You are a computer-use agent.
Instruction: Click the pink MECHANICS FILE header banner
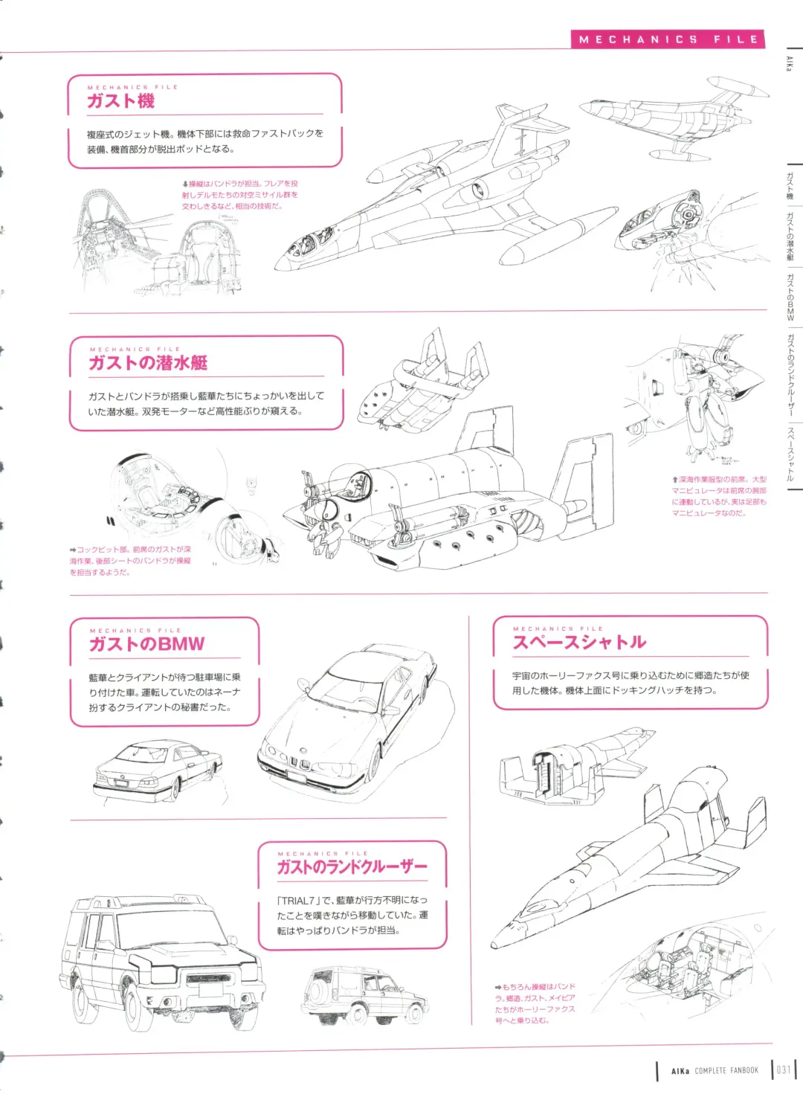click(668, 39)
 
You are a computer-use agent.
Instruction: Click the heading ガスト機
click(120, 101)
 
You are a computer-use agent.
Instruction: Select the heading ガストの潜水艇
click(148, 363)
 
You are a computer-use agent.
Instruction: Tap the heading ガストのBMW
click(146, 644)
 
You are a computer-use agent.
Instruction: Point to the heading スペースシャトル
click(579, 643)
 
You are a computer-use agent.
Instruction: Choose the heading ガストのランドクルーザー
click(352, 867)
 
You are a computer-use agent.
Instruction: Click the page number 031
click(784, 1070)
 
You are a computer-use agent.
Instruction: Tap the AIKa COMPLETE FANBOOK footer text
click(714, 1071)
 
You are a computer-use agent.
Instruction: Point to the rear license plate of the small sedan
click(119, 782)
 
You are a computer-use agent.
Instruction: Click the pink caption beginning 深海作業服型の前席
click(718, 496)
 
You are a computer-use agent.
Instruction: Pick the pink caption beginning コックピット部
click(130, 561)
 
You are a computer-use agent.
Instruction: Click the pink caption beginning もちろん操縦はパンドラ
click(535, 1003)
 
